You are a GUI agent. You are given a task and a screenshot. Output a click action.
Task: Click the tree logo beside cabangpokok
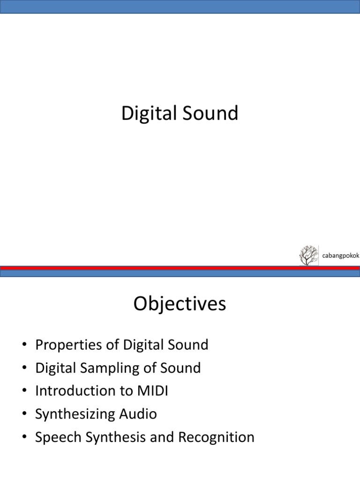308,255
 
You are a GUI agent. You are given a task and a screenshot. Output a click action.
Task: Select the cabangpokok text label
340,255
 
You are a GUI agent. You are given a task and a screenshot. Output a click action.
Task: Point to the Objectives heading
180,304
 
